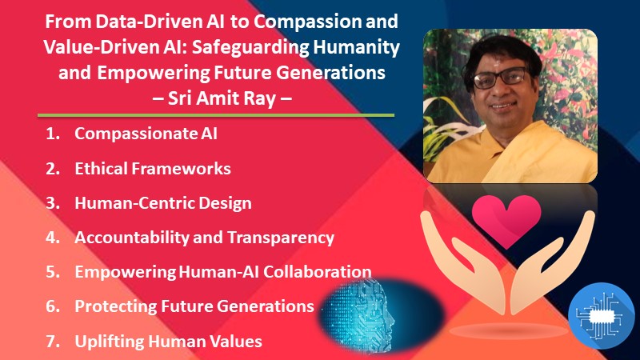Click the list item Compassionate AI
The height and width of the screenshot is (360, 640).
146,134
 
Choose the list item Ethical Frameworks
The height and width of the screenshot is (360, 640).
153,168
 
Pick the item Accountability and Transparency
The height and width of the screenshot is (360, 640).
204,238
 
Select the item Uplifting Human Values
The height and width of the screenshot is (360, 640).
168,341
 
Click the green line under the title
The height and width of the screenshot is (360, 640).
217,115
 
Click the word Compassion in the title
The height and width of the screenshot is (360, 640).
310,22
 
